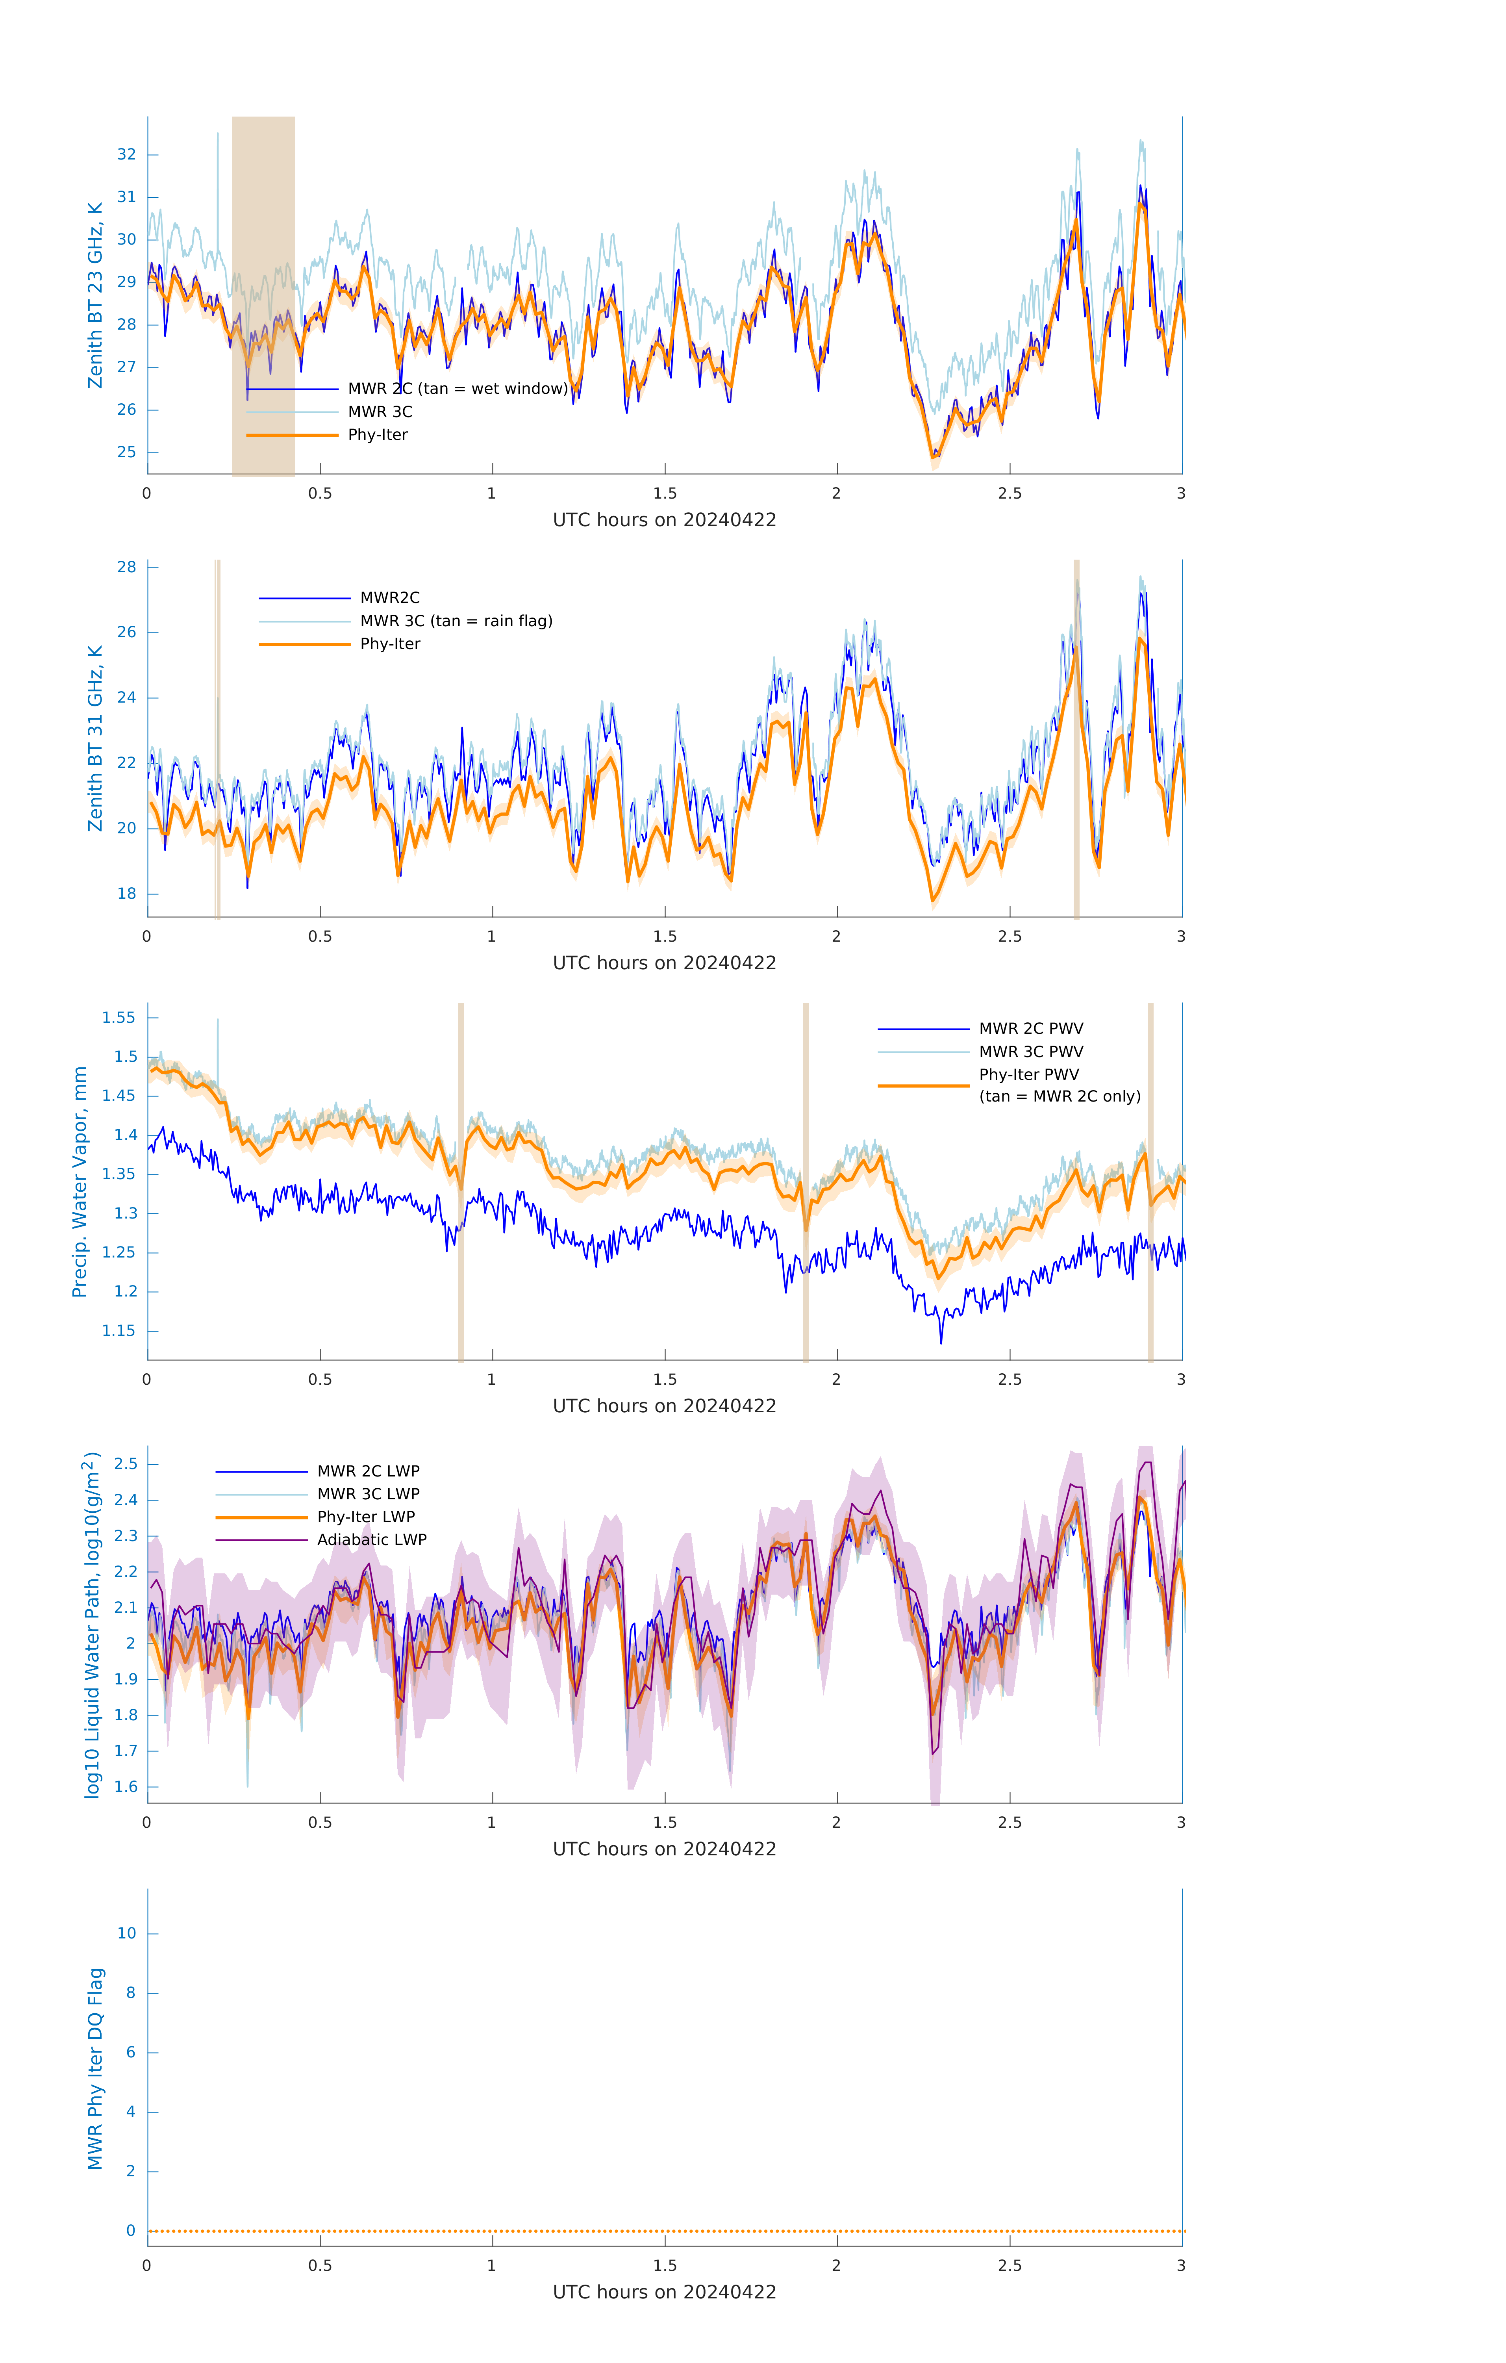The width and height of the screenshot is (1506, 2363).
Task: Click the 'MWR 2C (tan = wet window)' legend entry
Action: [x=457, y=389]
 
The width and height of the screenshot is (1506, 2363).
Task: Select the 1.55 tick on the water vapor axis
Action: [x=119, y=1018]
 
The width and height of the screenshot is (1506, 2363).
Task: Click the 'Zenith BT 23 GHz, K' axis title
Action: [x=95, y=295]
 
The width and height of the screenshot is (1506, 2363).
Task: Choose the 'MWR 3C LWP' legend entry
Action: [x=368, y=1493]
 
